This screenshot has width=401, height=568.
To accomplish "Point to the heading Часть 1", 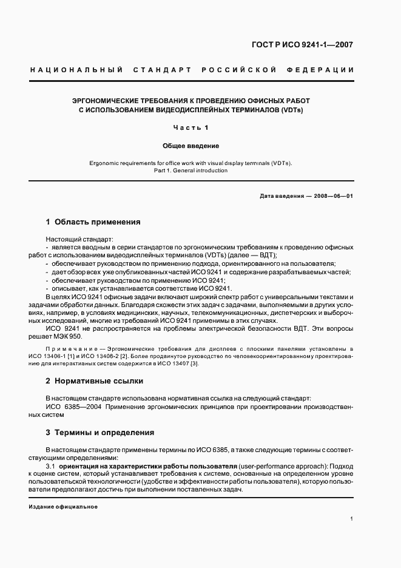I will click(190, 127).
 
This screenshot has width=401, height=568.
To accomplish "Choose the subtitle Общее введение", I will click(190, 146).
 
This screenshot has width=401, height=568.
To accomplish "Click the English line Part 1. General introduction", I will click(190, 171).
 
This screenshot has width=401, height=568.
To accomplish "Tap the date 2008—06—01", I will click(330, 197).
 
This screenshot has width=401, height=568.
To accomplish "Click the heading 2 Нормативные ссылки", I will click(95, 381).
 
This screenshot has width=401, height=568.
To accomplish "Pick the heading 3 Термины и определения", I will click(100, 433).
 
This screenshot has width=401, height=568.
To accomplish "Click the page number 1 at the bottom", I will click(351, 518).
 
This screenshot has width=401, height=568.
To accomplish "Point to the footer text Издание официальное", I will click(63, 506).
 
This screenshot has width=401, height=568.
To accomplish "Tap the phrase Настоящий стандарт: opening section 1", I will click(75, 240).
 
